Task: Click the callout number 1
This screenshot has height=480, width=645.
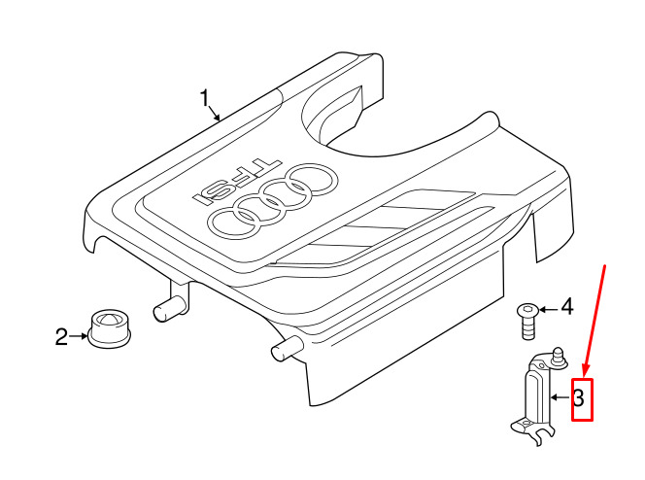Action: tap(205, 98)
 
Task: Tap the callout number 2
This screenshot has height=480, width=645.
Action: tap(61, 336)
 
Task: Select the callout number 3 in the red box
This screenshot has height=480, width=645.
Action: tap(578, 398)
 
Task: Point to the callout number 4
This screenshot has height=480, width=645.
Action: tap(567, 307)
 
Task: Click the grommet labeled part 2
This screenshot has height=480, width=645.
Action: tap(110, 327)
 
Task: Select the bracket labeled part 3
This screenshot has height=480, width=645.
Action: tap(539, 396)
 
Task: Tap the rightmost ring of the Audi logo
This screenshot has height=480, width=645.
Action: tap(313, 180)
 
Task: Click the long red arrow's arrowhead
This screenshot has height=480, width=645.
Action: tap(585, 370)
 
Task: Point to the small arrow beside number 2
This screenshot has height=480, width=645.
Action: tap(78, 336)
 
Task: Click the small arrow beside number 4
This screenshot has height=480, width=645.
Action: tap(549, 309)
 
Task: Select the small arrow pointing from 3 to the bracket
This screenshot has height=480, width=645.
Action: tap(560, 397)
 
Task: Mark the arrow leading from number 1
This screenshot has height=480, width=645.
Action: tap(215, 113)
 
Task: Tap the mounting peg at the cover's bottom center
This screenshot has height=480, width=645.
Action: tap(288, 348)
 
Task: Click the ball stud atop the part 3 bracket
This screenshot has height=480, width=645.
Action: tap(559, 357)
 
